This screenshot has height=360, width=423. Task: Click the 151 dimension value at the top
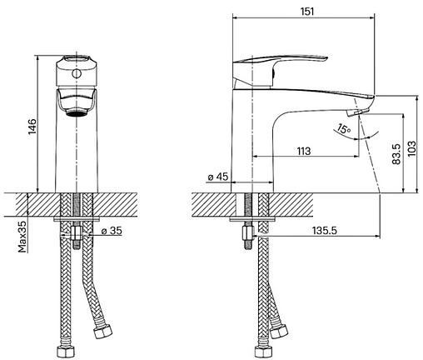307,12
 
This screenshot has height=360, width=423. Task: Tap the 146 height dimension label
32,127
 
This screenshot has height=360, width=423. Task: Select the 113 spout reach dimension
304,151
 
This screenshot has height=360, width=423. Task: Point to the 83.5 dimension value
397,154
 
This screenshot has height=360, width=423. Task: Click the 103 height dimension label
412,148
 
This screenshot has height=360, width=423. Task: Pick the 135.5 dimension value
325,230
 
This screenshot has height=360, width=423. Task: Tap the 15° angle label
343,129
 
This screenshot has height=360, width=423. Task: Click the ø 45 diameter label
217,177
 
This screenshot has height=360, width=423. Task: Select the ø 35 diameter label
112,231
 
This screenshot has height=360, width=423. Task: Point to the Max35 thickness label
22,237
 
